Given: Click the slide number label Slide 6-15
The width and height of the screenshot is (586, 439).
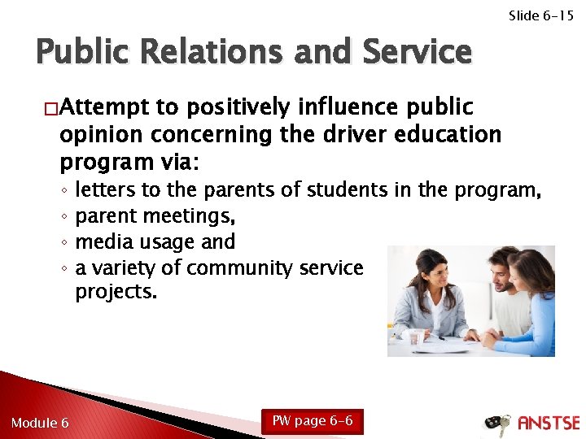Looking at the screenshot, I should [x=540, y=15].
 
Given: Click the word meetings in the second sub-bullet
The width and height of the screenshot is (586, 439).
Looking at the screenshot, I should [x=190, y=216].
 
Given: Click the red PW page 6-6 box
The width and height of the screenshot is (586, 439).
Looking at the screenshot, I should [x=312, y=421].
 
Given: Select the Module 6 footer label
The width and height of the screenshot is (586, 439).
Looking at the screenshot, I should [x=40, y=423].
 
